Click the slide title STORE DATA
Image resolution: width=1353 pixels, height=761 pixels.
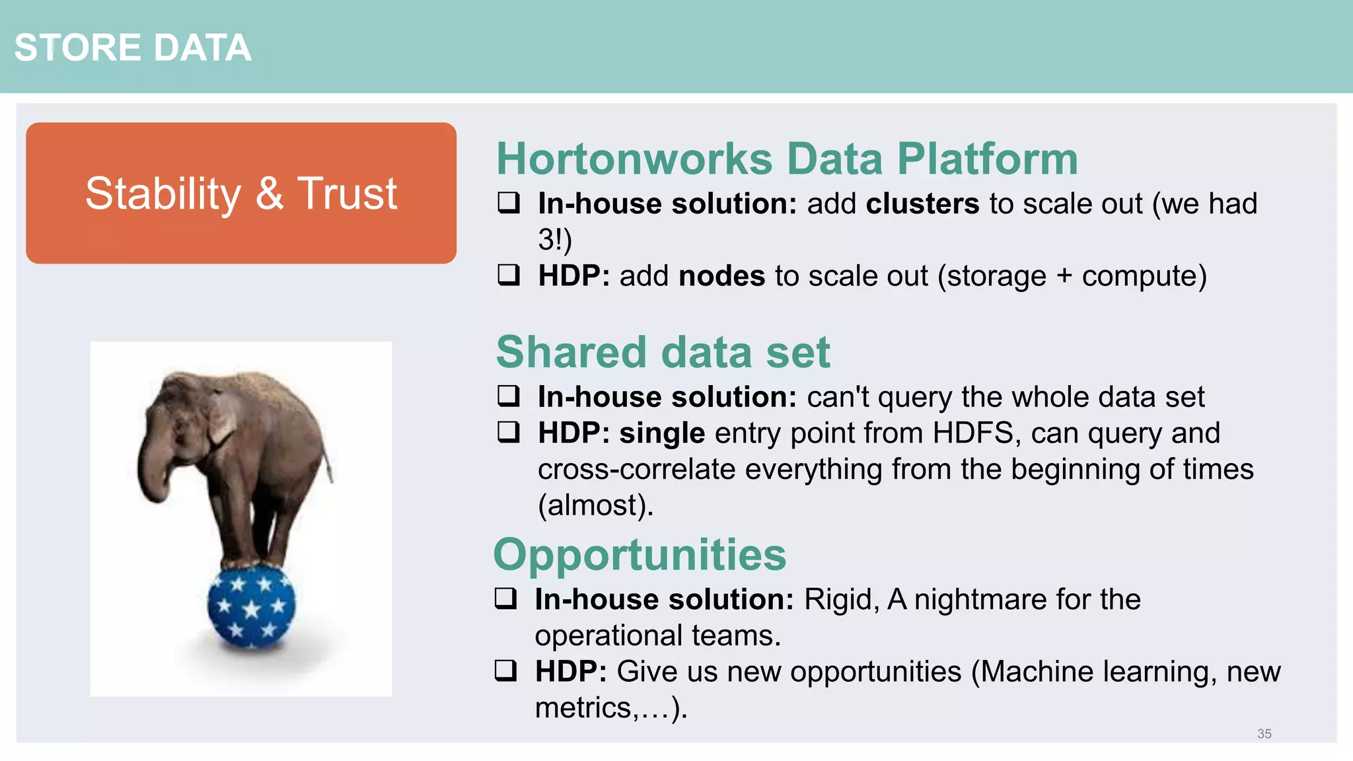tap(133, 48)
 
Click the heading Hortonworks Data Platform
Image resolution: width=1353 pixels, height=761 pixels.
tap(787, 159)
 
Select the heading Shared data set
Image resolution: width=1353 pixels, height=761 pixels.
tap(663, 352)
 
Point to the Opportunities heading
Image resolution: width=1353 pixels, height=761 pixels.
tap(640, 555)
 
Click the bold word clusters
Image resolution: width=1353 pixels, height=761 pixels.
tap(922, 203)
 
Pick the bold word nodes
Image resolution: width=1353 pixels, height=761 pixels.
tap(721, 276)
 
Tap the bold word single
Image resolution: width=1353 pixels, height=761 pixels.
tap(662, 433)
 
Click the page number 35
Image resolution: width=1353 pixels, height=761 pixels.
tap(1264, 733)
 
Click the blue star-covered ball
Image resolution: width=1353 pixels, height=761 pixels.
tap(251, 606)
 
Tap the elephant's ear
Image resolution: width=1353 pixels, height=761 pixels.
tap(221, 416)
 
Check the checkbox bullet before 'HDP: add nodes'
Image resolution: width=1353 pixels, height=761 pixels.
tap(509, 275)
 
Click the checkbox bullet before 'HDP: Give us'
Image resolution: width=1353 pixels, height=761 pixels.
tap(505, 670)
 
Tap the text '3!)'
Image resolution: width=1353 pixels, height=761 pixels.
tap(554, 240)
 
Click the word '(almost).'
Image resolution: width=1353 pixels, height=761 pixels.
tap(595, 505)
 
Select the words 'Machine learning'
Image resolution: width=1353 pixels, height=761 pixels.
tap(1097, 672)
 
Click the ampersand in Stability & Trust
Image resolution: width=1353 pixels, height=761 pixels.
tap(269, 194)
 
